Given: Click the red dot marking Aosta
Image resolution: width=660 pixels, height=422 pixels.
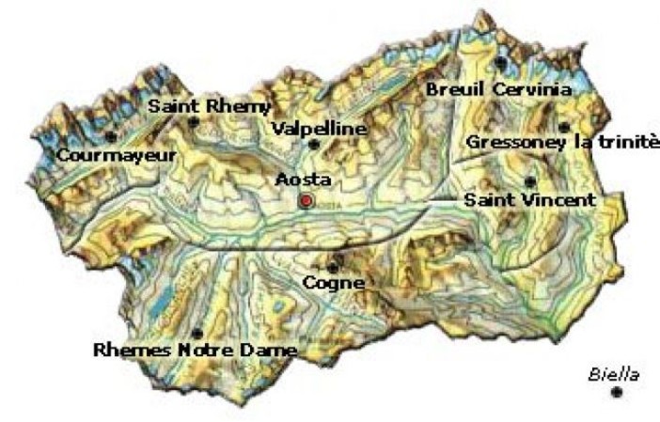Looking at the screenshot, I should pos(306,201).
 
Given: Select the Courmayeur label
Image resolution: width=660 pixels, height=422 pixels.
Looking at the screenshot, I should pos(116,154).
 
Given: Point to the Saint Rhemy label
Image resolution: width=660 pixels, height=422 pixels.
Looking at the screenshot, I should pos(210,107).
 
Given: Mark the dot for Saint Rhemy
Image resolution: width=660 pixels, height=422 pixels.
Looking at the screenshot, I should pos(194,122).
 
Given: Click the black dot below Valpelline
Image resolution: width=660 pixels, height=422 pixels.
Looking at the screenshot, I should pos(314,145).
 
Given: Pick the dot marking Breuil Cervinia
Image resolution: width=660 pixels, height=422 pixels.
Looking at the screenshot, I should pos(501,63).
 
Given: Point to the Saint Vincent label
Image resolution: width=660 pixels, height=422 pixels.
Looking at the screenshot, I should pos(530,200).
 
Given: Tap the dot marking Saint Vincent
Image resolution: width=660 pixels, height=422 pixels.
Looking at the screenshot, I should pos(531,181).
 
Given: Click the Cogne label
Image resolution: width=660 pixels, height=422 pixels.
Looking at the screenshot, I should pos(333,282).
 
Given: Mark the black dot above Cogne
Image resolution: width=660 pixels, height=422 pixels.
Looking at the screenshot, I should pos(333,266).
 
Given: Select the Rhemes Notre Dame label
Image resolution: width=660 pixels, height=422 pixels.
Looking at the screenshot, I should pos(196,351).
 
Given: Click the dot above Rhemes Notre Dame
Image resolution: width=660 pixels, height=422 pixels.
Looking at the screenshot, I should pos(196,334).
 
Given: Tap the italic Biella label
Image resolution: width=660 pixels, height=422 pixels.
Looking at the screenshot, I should pos(614,374).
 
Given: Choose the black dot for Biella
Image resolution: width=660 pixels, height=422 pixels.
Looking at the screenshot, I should pos(617,392).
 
